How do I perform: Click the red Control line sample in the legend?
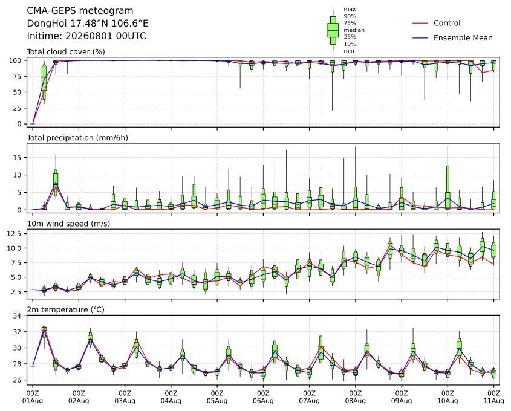(420, 23)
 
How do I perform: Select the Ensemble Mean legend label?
(463, 38)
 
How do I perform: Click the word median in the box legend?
(354, 30)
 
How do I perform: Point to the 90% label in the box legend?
(350, 16)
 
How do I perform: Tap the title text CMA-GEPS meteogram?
(80, 11)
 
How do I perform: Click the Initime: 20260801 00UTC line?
(86, 36)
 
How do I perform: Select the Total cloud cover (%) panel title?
(66, 52)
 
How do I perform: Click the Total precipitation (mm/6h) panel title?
(77, 138)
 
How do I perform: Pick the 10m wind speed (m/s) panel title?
(68, 224)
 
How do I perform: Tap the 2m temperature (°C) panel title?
(65, 309)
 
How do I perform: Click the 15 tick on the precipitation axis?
(17, 158)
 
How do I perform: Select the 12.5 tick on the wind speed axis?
(15, 234)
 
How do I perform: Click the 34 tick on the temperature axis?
(18, 316)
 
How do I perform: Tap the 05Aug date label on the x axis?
(217, 401)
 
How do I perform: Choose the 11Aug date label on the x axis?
(493, 401)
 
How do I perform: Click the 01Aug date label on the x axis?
(32, 401)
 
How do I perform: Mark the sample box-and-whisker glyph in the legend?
(333, 30)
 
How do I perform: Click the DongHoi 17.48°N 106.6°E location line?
(87, 24)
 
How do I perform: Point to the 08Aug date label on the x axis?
(355, 401)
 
